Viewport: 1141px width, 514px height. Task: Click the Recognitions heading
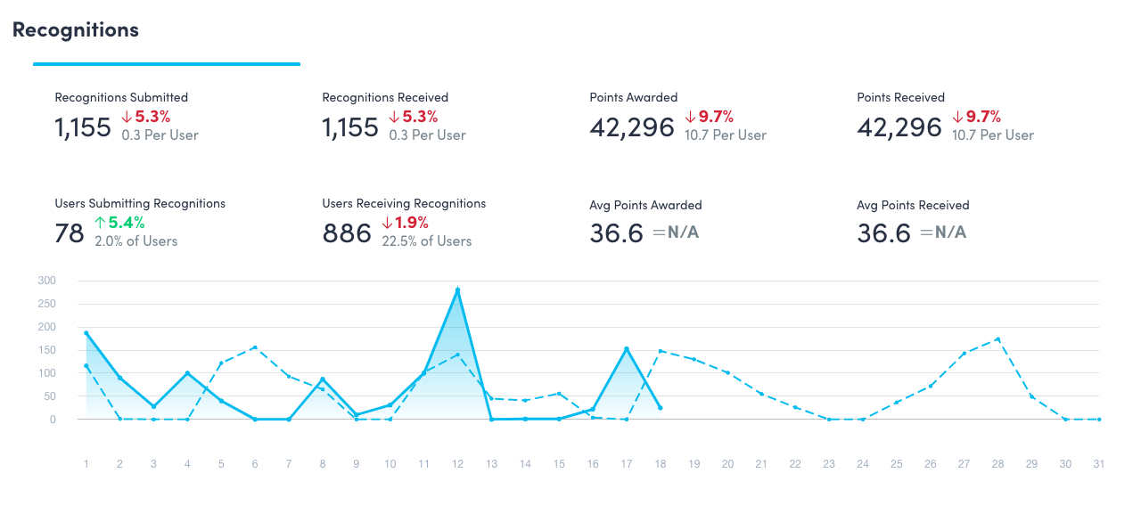click(x=76, y=29)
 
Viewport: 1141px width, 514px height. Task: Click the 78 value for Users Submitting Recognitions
click(x=70, y=233)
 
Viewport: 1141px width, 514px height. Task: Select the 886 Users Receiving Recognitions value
click(x=347, y=233)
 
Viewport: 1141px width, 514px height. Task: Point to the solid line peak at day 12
click(x=457, y=290)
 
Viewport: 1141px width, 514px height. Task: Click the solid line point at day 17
click(x=627, y=348)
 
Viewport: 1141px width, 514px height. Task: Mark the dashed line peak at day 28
click(x=997, y=339)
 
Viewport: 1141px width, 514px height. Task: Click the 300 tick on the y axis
click(x=46, y=281)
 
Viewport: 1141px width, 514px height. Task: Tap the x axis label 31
click(x=1099, y=464)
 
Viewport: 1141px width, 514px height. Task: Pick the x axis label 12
click(x=457, y=464)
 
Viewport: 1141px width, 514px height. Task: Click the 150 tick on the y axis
click(x=46, y=350)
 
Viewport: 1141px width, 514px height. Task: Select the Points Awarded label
click(x=633, y=97)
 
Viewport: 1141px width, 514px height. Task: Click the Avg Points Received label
click(x=913, y=205)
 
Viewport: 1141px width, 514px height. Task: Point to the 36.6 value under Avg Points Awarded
click(x=616, y=233)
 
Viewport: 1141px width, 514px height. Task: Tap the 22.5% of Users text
click(x=427, y=241)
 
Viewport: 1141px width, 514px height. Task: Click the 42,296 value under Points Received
click(x=899, y=127)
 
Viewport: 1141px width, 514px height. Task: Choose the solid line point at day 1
click(x=86, y=332)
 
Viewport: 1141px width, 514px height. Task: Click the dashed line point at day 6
click(x=255, y=347)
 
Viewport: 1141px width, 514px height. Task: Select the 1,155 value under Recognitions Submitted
click(x=83, y=127)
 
